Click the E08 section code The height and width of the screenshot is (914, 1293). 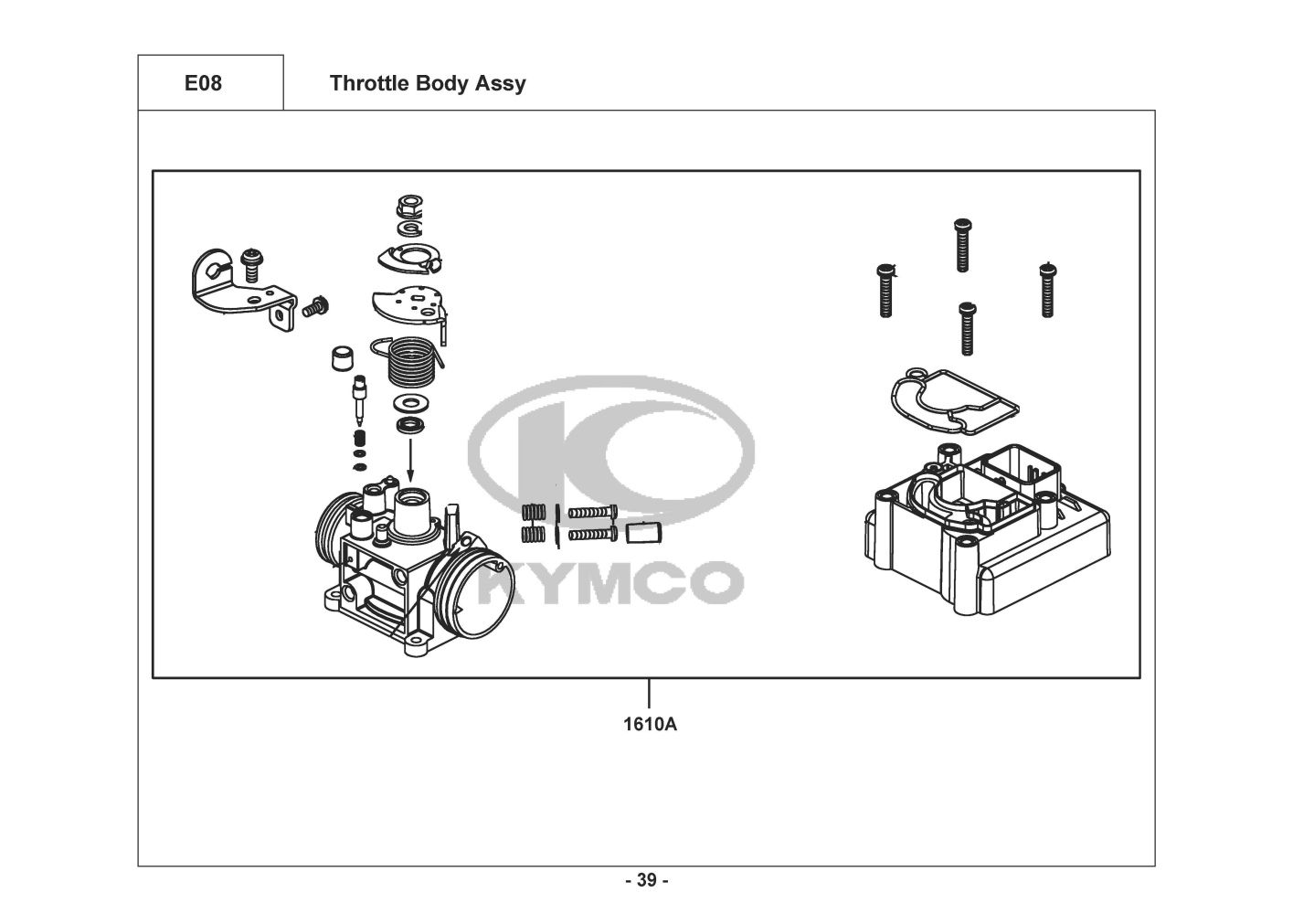tap(203, 83)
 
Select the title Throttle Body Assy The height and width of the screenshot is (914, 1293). tap(427, 83)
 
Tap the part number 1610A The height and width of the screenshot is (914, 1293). tap(650, 725)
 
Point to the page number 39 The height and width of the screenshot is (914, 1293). tap(646, 880)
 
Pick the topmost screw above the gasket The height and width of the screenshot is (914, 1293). tap(960, 243)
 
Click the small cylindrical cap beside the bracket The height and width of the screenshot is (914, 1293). tap(341, 357)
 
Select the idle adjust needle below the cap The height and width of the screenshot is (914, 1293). tap(359, 402)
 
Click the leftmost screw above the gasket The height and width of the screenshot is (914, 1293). tap(885, 290)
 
